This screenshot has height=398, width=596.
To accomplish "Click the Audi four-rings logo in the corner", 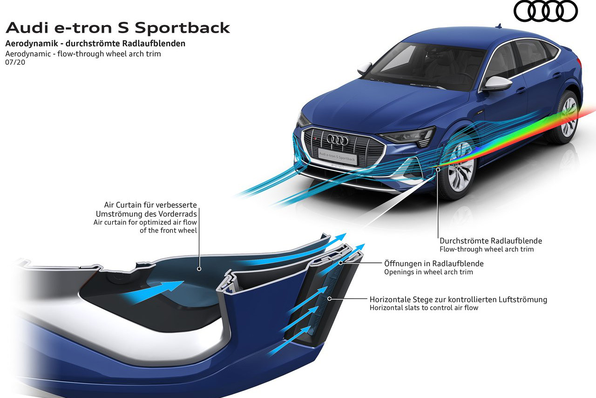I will pos(545,11).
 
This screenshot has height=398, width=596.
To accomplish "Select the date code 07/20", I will pos(15,62).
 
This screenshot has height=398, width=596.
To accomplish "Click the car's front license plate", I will pos(338,156).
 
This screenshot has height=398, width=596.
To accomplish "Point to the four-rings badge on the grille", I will pos(337,139).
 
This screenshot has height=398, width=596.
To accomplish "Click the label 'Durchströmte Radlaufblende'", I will pos(491,241).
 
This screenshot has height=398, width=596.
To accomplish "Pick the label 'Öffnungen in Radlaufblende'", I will pos(433,263).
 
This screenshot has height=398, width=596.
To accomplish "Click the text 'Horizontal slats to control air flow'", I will pos(424,308).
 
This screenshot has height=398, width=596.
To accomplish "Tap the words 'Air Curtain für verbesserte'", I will pos(151,205).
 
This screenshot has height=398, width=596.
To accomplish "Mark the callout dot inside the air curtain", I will pos(199,269).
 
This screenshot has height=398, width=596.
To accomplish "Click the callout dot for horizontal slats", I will pos(330,298).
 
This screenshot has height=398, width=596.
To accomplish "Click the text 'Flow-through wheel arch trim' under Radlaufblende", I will pos(487,249).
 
